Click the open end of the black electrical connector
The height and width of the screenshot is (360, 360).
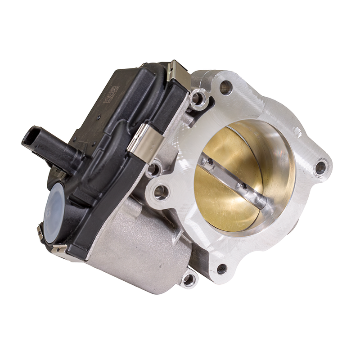(28, 136)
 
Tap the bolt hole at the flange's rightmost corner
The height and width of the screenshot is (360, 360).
(320, 168)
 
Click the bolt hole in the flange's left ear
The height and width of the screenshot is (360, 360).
(161, 193)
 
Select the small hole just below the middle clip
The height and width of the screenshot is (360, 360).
(153, 169)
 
